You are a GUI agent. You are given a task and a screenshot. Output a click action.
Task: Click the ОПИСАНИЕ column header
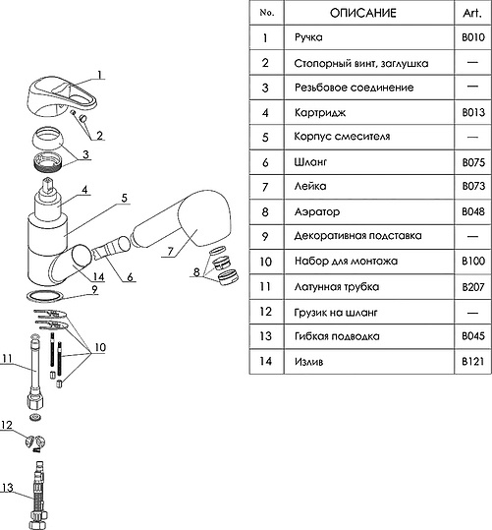pos(363,13)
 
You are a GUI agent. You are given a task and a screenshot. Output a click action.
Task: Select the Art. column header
pos(472,13)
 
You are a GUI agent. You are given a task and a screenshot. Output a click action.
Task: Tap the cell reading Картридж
pos(320,112)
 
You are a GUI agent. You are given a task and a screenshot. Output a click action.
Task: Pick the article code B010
pos(473,37)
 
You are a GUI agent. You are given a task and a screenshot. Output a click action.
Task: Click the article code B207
pos(473,287)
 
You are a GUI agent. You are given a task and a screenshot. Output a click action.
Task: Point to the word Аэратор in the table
pos(317,212)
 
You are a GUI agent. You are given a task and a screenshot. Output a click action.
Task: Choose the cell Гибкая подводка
pos(337,336)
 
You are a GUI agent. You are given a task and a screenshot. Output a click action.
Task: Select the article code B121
pos(472,361)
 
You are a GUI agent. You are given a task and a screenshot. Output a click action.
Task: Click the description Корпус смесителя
pos(342,137)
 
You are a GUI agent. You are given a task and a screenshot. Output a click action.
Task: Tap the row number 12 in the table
pos(266,312)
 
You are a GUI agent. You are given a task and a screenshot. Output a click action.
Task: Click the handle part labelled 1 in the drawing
pos(61,96)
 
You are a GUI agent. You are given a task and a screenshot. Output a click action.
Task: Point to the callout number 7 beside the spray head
pos(171,251)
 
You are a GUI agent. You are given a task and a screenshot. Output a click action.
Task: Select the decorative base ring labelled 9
pos(45,296)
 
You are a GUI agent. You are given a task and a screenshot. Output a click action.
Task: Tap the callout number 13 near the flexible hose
pos(7,488)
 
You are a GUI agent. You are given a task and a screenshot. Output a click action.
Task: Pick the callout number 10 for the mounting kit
pos(100,347)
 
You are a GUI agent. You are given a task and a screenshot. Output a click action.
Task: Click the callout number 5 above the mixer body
pos(125,198)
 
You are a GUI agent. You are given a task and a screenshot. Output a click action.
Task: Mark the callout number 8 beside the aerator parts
pos(196,271)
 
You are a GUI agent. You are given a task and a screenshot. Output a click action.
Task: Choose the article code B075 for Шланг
pos(473,162)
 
